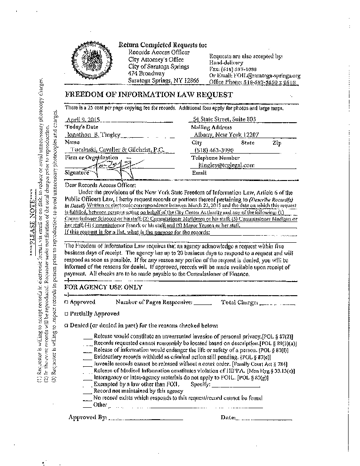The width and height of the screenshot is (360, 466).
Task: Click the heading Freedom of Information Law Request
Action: point(149,95)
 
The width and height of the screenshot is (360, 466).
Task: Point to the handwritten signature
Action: point(105,168)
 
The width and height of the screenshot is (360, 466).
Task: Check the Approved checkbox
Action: point(66,302)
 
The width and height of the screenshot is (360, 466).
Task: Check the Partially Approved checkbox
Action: point(66,314)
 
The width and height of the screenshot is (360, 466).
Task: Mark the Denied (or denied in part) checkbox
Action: point(66,326)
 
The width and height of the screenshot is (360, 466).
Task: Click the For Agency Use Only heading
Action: point(104,287)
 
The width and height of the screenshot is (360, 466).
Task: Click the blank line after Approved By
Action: point(146,417)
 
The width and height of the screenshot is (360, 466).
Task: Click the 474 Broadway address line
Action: point(146,74)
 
